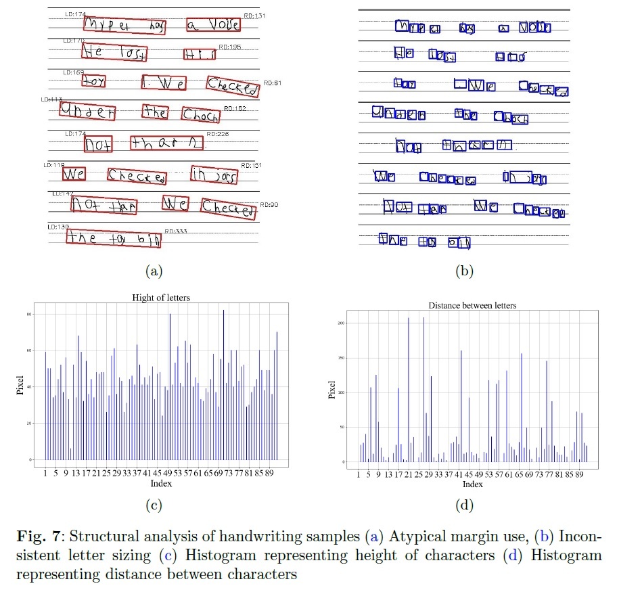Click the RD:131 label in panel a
[254, 15]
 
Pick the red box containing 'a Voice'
[213, 26]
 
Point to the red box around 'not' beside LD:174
[99, 144]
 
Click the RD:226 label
[218, 134]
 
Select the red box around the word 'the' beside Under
[155, 113]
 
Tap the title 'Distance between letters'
[472, 305]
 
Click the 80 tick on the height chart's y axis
[29, 315]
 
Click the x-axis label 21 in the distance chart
[409, 476]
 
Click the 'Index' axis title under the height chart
[161, 483]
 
